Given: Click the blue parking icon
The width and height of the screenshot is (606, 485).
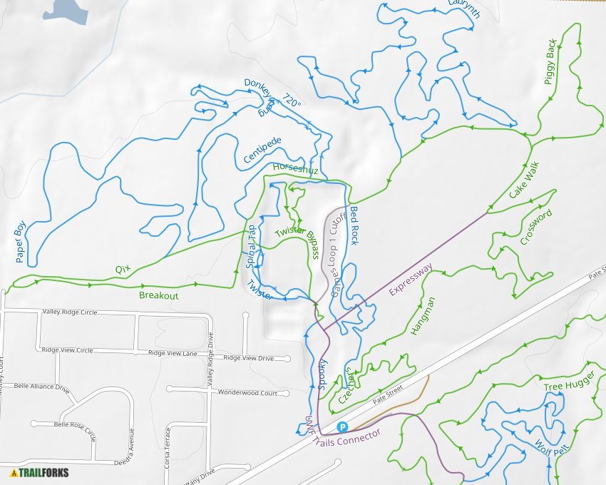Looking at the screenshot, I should [x=342, y=427].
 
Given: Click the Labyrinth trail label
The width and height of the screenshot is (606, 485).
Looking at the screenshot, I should [x=465, y=9].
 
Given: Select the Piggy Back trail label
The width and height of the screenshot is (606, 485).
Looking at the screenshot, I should [x=550, y=62].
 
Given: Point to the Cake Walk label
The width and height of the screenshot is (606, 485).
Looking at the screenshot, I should [x=525, y=181].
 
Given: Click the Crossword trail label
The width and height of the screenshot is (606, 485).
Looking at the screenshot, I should [x=535, y=227].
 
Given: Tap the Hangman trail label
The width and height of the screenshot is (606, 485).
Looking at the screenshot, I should [x=423, y=316].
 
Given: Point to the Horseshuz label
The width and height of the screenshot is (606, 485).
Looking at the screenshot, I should [x=295, y=170].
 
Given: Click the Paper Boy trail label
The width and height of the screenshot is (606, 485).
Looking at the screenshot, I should [x=20, y=241].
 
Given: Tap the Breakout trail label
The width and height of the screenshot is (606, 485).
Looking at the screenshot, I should [x=158, y=295].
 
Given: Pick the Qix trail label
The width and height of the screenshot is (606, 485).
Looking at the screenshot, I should [x=123, y=270].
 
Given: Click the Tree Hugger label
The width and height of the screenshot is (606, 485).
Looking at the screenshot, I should [x=563, y=387].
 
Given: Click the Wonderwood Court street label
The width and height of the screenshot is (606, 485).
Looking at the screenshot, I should [x=247, y=393].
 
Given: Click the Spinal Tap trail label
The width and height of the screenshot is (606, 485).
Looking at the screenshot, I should [x=251, y=246].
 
